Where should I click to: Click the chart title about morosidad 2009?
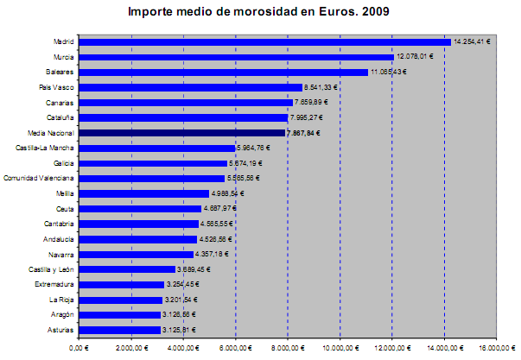coord(258,12)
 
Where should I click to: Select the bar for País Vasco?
coord(190,87)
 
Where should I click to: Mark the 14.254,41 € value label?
coord(473,41)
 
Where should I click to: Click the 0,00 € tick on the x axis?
coord(78,348)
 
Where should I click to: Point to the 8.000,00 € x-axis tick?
coord(288,348)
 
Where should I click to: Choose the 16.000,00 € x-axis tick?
coord(496,348)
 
